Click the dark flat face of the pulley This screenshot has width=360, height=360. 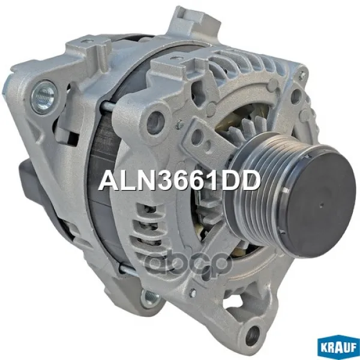point(322,203)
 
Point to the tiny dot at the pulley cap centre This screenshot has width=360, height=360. point(322,203)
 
